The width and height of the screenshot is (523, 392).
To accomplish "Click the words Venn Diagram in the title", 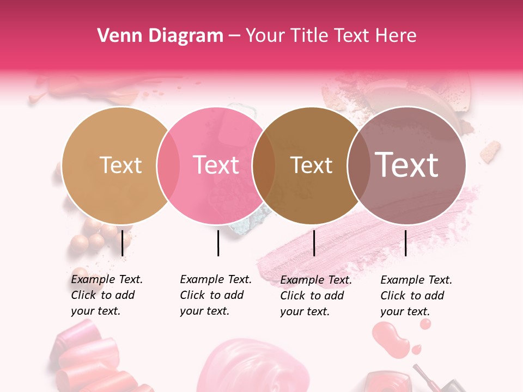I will click(x=160, y=36).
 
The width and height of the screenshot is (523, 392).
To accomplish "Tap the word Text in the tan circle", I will click(x=120, y=165).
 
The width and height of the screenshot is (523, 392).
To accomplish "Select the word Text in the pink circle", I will click(x=216, y=165).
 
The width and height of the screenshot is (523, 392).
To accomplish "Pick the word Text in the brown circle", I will click(x=311, y=166).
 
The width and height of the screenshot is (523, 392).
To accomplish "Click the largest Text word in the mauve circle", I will click(x=406, y=165).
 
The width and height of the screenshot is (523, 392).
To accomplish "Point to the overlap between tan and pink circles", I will click(x=168, y=165).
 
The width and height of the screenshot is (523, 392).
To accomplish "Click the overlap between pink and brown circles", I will click(x=264, y=165).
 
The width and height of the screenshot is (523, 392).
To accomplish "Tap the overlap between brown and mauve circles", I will click(x=357, y=165).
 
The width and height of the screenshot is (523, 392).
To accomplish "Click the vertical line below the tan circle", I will click(x=122, y=243).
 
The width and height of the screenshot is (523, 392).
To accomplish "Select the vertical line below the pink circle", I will click(x=218, y=243).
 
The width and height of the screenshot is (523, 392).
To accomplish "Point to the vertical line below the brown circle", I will click(x=314, y=243).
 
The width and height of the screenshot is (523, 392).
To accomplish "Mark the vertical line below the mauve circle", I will click(x=405, y=243).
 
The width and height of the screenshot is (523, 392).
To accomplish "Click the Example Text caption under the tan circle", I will click(x=106, y=295).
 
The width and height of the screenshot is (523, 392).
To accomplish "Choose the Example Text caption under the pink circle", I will click(x=215, y=295).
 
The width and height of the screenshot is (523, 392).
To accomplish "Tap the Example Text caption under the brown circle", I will click(x=315, y=296).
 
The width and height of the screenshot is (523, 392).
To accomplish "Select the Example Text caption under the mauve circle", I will click(x=416, y=296).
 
